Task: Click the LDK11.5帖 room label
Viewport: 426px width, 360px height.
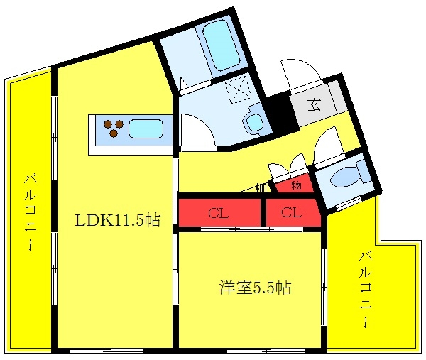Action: (117, 220)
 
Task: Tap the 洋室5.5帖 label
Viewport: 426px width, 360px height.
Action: (255, 288)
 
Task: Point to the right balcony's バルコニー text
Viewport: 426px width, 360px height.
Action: (366, 290)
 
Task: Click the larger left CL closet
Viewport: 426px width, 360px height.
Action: (219, 213)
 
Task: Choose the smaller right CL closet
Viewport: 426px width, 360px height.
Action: (293, 213)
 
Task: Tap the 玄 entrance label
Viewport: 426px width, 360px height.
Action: (315, 104)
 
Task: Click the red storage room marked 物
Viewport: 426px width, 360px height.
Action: (295, 185)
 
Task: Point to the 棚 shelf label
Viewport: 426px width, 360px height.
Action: (261, 187)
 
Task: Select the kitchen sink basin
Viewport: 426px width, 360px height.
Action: (146, 129)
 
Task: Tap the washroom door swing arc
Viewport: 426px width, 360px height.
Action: (198, 129)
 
